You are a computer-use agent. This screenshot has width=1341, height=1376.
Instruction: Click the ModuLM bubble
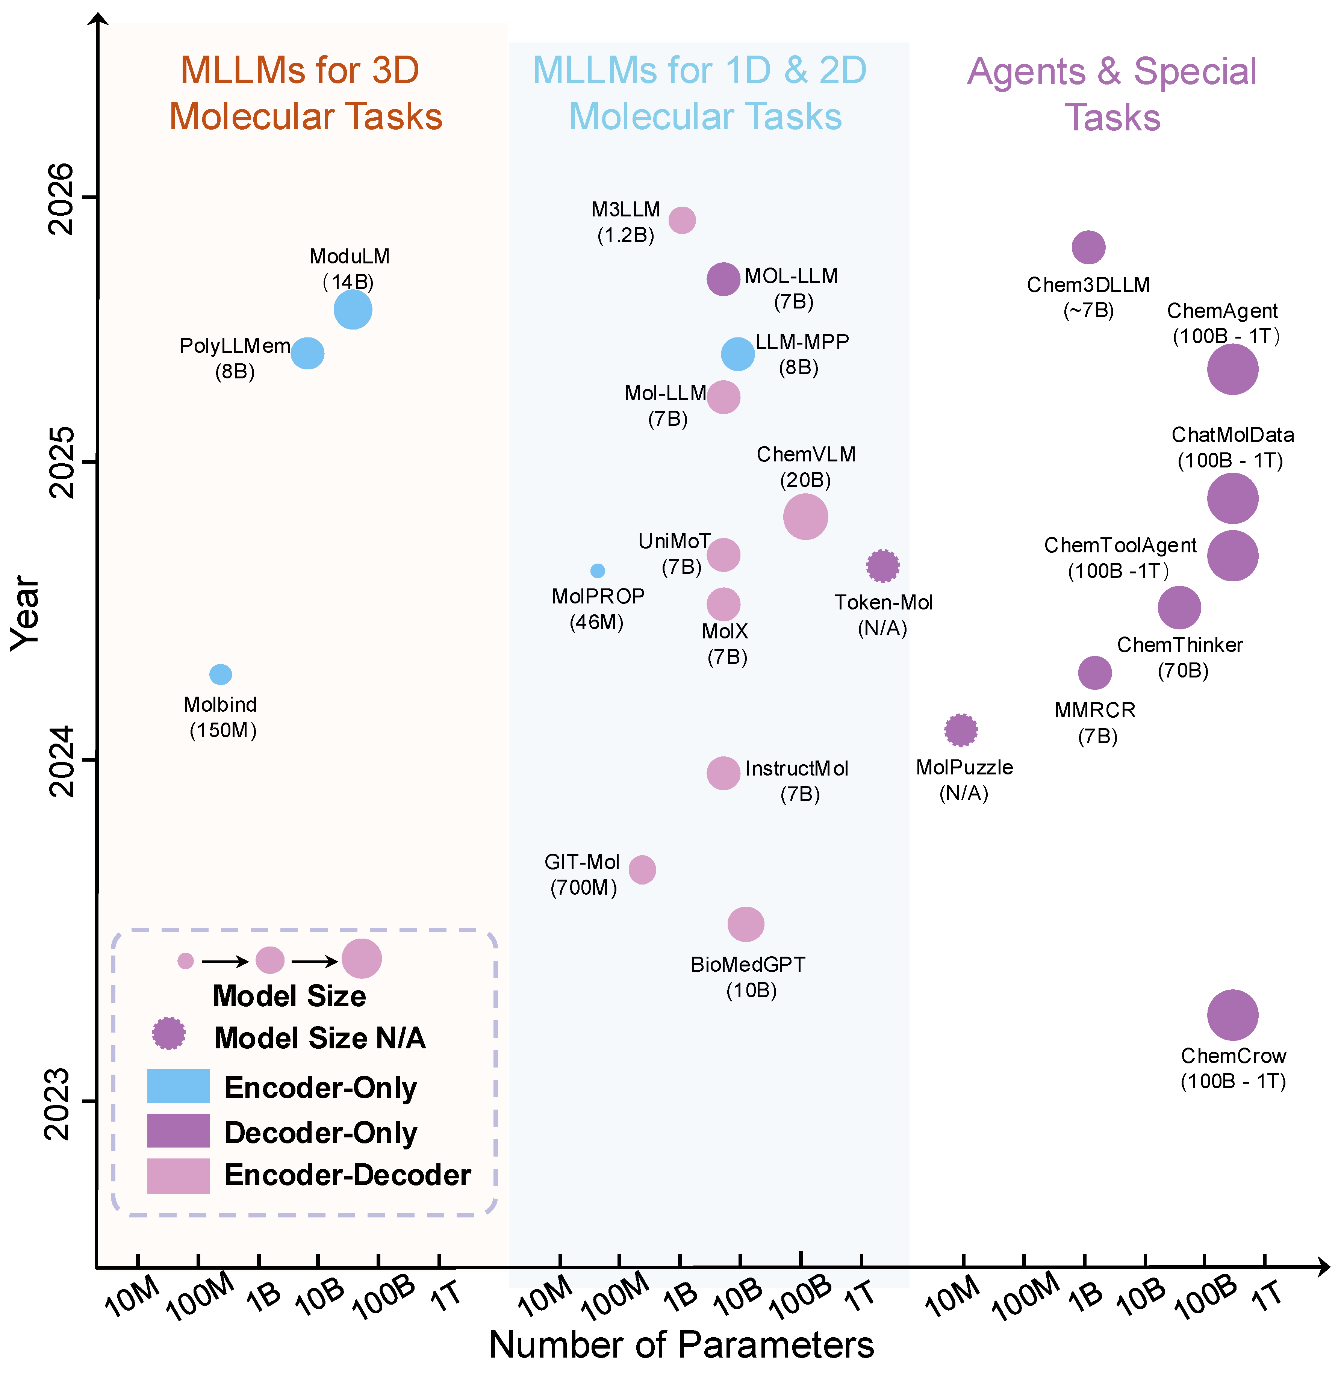[353, 310]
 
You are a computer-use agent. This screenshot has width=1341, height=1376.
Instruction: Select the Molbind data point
[221, 674]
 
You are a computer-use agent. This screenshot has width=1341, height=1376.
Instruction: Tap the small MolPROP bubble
[597, 570]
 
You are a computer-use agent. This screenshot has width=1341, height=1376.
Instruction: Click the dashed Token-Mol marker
[882, 566]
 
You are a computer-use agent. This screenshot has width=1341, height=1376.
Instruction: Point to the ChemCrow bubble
[1232, 1015]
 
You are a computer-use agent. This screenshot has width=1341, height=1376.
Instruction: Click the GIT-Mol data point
[642, 870]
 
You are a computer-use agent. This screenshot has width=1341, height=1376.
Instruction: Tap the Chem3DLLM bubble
[1088, 247]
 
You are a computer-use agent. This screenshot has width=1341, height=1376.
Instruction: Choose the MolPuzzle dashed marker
[961, 730]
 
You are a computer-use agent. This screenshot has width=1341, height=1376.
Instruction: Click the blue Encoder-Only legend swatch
[178, 1086]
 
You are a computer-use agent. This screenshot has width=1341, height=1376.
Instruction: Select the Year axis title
[25, 612]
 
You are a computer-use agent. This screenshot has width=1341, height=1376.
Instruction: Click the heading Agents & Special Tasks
[1111, 94]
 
